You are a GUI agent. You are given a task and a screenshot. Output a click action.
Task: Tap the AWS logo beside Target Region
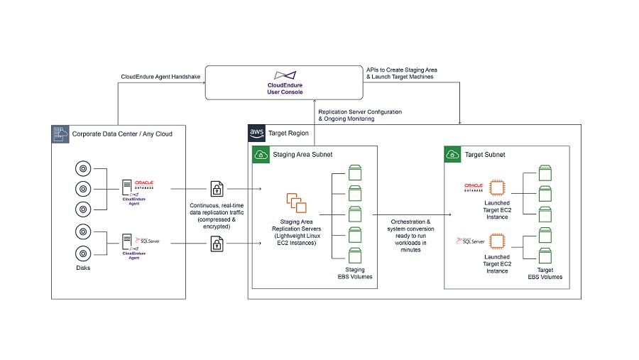257,133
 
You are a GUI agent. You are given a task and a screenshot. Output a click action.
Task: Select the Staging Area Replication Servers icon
297,204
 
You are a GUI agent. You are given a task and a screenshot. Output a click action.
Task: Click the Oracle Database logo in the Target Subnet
474,187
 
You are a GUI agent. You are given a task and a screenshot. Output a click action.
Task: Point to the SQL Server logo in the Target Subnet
474,243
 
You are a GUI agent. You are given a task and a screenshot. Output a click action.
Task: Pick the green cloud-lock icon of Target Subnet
452,154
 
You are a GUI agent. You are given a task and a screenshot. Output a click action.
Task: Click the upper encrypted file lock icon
217,190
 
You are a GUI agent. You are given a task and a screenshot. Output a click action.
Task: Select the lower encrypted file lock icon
217,244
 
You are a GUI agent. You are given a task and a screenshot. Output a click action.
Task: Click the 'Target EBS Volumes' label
545,273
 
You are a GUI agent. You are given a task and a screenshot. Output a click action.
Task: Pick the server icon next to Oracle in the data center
129,187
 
